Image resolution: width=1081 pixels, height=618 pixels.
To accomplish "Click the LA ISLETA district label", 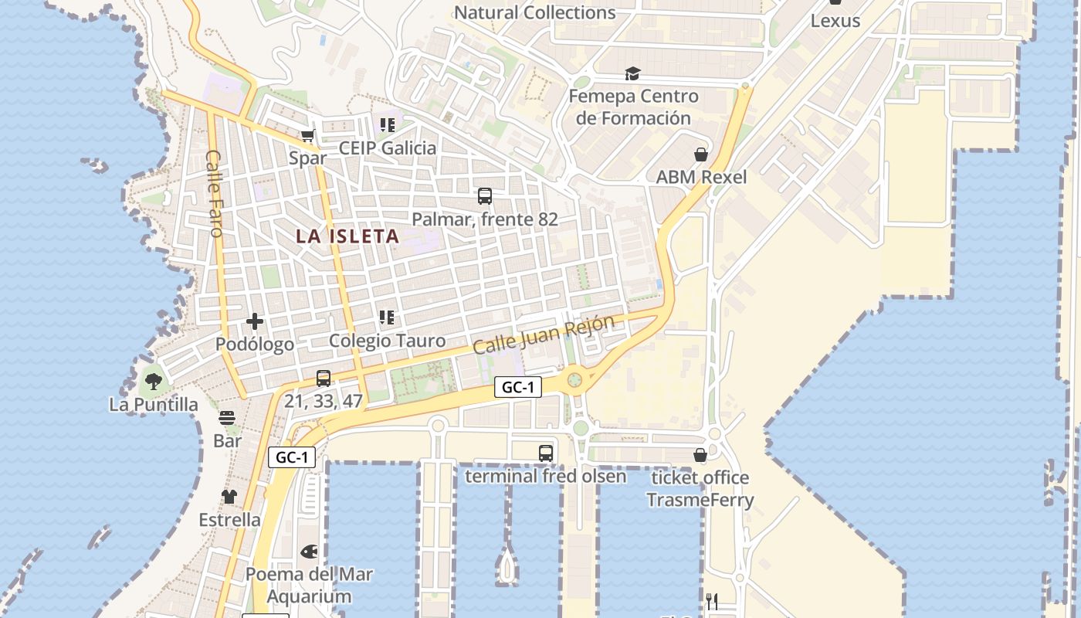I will pyautogui.click(x=347, y=236).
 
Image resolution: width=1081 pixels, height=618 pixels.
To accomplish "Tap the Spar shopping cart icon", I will pyautogui.click(x=307, y=136).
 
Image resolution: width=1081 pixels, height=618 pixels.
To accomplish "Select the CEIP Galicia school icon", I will pyautogui.click(x=387, y=124).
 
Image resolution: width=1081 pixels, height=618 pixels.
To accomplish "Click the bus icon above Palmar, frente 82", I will pyautogui.click(x=485, y=196).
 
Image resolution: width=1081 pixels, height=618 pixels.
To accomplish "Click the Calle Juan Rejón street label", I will pyautogui.click(x=544, y=334).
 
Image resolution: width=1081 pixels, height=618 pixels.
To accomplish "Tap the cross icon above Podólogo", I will pyautogui.click(x=255, y=321).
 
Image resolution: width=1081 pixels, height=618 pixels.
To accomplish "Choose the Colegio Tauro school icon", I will pyautogui.click(x=387, y=317).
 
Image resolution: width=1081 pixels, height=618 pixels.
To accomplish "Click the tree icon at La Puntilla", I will pyautogui.click(x=154, y=381).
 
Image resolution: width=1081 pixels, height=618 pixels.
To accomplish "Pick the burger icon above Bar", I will pyautogui.click(x=227, y=418).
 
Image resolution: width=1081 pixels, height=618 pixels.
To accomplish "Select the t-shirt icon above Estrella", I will pyautogui.click(x=229, y=497).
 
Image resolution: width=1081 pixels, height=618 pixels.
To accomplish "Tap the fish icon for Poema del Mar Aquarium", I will pyautogui.click(x=309, y=552).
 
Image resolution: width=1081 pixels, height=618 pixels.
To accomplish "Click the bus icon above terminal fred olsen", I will pyautogui.click(x=546, y=453).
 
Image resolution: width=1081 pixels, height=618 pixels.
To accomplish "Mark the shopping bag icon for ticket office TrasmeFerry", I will pyautogui.click(x=700, y=455).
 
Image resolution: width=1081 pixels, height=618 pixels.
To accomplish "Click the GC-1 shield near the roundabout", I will pyautogui.click(x=517, y=388).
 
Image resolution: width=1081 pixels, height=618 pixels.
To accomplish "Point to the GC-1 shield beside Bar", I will pyautogui.click(x=292, y=457).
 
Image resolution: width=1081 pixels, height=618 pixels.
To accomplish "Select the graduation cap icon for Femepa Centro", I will pyautogui.click(x=633, y=73).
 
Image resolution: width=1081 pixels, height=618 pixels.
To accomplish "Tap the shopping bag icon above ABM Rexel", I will pyautogui.click(x=701, y=154).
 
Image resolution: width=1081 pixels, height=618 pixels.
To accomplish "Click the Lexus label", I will pyautogui.click(x=835, y=21).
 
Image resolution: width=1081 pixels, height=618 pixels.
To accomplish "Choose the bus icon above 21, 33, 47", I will pyautogui.click(x=324, y=379).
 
